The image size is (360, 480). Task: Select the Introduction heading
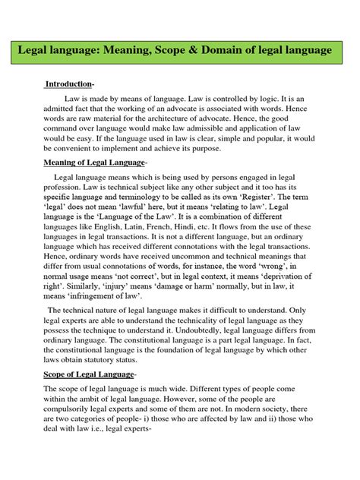[x=68, y=83]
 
